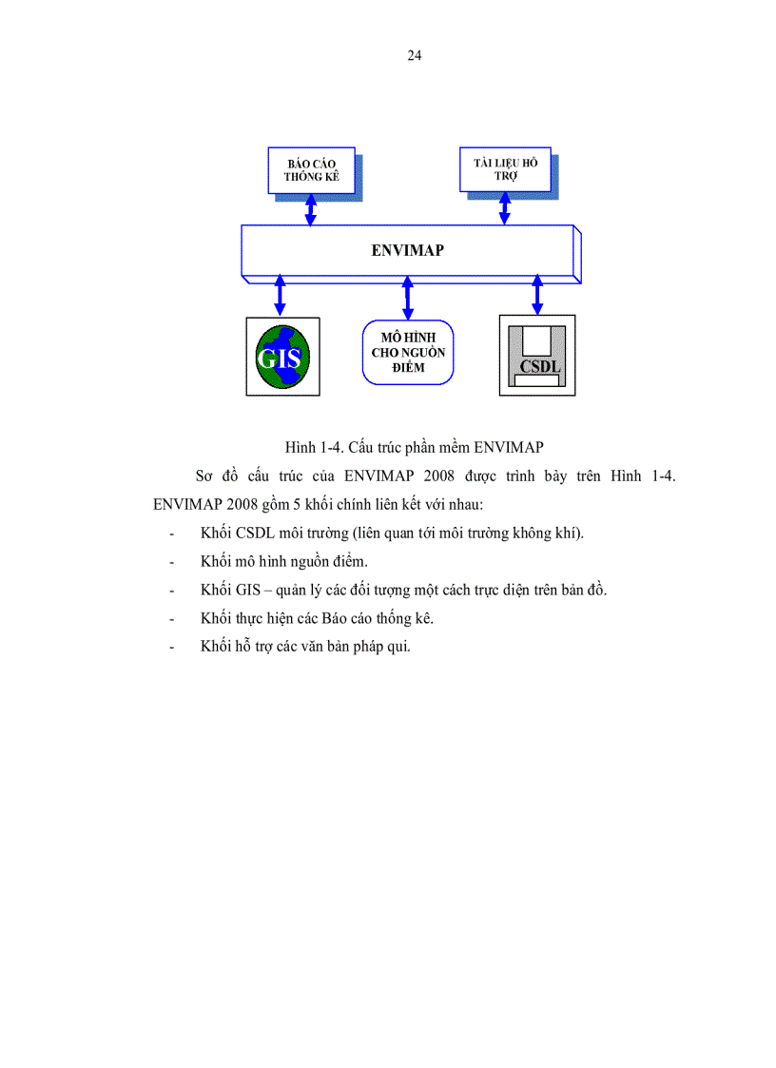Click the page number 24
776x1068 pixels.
pos(415,55)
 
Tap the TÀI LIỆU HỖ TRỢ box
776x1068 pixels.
pos(505,170)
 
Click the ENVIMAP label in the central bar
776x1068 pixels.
pos(408,251)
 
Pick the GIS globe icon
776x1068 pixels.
pos(282,357)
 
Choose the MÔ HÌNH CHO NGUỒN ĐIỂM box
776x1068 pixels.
pos(408,352)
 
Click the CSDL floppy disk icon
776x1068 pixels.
pos(537,355)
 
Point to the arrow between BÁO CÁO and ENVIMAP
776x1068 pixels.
pos(310,210)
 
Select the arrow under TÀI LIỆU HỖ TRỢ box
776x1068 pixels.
pos(505,209)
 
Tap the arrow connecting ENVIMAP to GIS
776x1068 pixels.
pos(280,295)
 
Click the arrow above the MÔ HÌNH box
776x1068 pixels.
pos(408,297)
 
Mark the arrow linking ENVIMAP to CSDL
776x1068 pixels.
pos(537,295)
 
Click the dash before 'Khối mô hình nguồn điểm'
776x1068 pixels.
pos(171,561)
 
